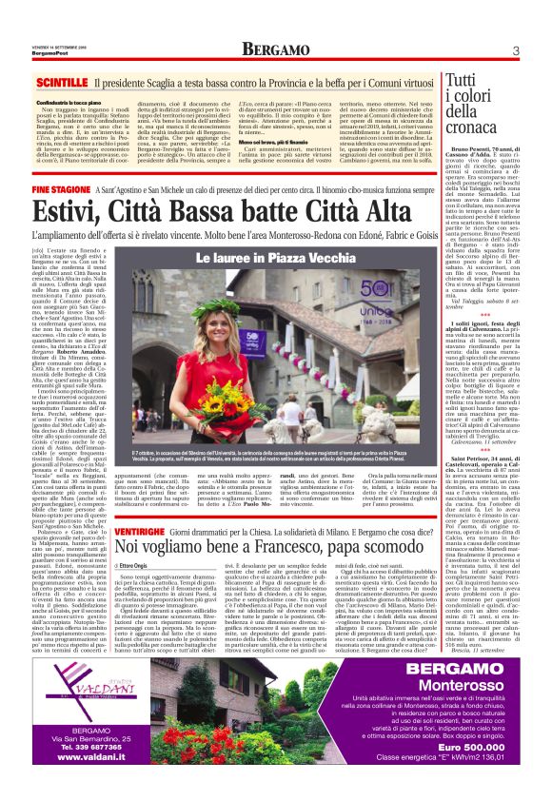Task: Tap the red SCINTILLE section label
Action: [63, 83]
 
